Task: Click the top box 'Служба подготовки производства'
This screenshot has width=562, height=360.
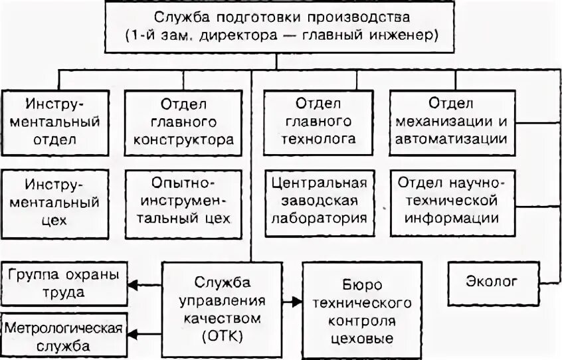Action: point(281,26)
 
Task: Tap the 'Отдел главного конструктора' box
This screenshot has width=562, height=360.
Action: point(183,122)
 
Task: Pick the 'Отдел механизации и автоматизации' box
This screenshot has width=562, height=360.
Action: point(450,122)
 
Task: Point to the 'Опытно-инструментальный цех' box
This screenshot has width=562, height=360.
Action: point(183,202)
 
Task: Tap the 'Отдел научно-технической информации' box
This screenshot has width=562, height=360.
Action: point(450,202)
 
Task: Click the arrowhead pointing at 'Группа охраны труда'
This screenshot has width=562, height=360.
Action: point(132,284)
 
